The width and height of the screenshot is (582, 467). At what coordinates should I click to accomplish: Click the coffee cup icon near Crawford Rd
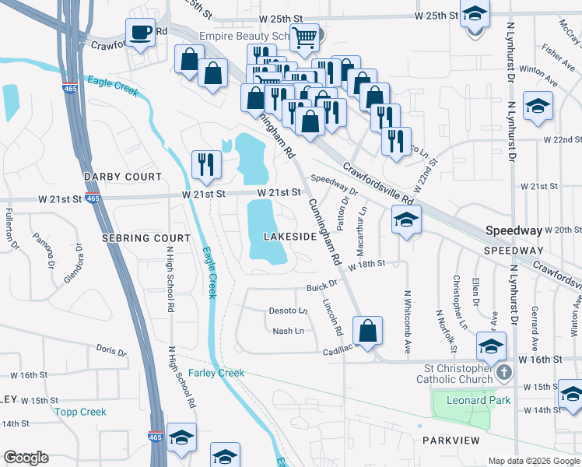click(141, 33)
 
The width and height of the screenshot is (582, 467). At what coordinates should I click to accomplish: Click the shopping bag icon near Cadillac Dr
click(368, 329)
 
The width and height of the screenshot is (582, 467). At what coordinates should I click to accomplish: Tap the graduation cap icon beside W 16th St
click(491, 346)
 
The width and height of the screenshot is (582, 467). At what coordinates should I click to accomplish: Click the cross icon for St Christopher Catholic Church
click(503, 373)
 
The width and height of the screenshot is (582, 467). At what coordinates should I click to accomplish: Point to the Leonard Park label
click(479, 400)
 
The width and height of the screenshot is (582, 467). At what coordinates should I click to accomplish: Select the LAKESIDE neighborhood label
click(289, 236)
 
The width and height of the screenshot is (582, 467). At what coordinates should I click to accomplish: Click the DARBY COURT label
click(122, 177)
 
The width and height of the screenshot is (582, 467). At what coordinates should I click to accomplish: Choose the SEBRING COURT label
click(145, 237)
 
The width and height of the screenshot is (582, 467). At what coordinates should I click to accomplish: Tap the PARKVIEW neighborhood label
click(449, 440)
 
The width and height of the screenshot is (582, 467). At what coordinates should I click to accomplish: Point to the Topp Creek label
click(80, 411)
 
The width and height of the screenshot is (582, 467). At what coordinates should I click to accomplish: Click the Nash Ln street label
click(287, 331)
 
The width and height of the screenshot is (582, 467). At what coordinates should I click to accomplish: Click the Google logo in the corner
click(26, 458)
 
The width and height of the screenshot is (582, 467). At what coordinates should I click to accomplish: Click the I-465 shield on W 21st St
click(93, 199)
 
